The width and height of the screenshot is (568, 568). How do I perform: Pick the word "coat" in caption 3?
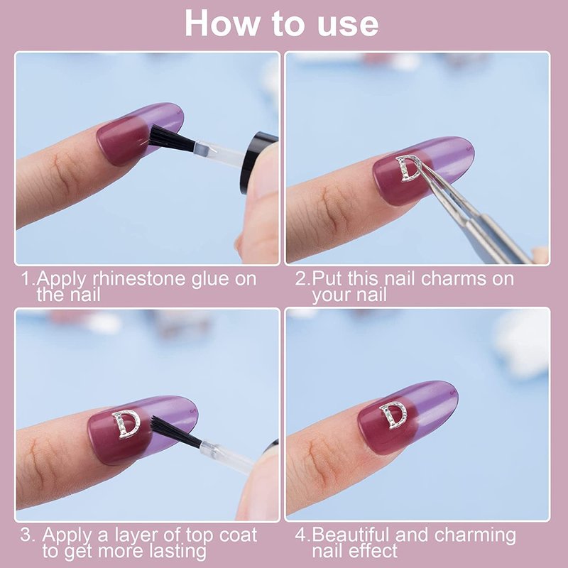pyautogui.click(x=239, y=535)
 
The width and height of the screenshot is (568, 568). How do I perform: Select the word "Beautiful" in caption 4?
pyautogui.click(x=351, y=535)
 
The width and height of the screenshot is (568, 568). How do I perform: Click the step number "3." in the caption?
pyautogui.click(x=28, y=535)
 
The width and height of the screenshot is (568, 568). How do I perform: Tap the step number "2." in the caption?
pyautogui.click(x=303, y=279)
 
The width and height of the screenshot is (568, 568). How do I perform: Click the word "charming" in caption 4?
pyautogui.click(x=474, y=536)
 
